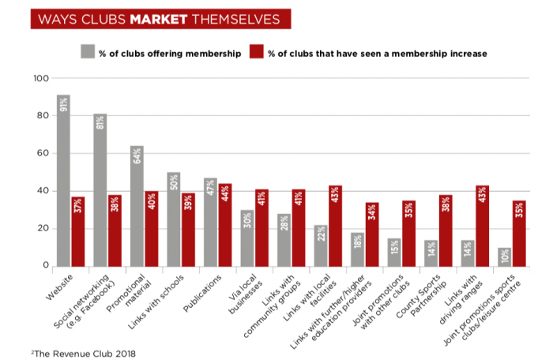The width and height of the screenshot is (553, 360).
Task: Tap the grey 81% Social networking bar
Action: click(100, 189)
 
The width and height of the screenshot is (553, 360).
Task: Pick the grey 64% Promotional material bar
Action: click(137, 205)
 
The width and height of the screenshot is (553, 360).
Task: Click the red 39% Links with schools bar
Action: click(187, 229)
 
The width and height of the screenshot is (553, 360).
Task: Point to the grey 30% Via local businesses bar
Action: click(247, 238)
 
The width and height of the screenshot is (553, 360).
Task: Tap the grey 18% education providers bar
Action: click(358, 249)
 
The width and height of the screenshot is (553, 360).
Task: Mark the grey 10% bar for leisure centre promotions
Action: click(505, 256)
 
